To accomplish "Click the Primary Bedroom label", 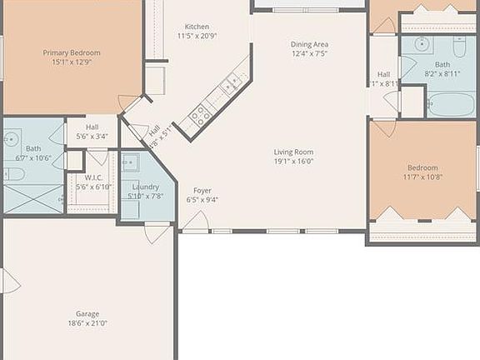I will [72, 52].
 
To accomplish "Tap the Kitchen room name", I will [197, 27].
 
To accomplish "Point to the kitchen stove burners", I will [200, 115].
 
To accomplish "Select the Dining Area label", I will [308, 43].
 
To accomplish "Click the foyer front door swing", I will [195, 222].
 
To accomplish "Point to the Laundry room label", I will [146, 187].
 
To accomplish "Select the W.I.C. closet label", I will [92, 177].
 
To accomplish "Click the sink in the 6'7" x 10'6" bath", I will [12, 139].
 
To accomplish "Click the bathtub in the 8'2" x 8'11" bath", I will [451, 105].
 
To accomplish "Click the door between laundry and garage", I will [157, 232].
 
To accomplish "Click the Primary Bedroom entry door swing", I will [129, 103].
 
